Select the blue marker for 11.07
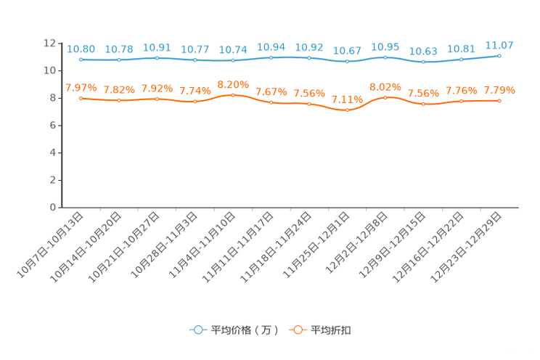click(499, 55)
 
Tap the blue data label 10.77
click(195, 50)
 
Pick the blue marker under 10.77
click(195, 60)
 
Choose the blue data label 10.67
click(347, 51)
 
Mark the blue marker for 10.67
click(347, 62)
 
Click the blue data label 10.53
click(423, 52)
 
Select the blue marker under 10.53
click(423, 62)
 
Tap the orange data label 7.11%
click(347, 100)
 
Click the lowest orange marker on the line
click(347, 110)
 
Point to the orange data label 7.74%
click(195, 91)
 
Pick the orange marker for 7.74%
click(195, 102)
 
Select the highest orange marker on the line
click(233, 95)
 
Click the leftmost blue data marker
click(81, 60)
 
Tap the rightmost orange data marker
click(499, 101)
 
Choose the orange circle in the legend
click(297, 330)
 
